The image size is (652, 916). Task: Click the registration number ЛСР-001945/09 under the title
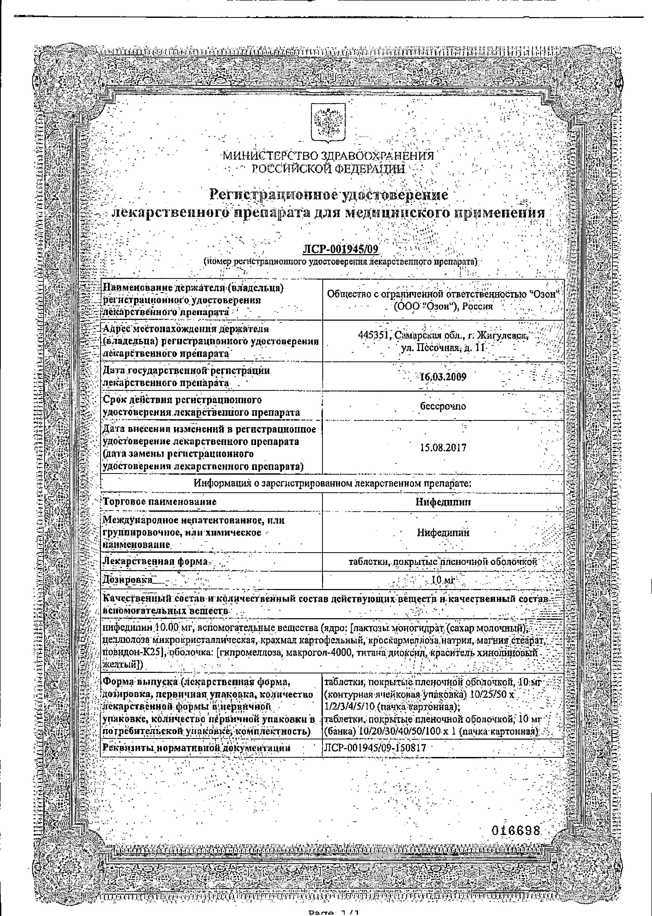click(x=340, y=250)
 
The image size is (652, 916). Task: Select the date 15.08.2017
click(x=443, y=447)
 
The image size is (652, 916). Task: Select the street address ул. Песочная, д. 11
click(x=443, y=348)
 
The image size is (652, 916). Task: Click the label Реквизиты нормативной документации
click(x=196, y=748)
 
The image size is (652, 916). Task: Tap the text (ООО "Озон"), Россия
click(x=443, y=306)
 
